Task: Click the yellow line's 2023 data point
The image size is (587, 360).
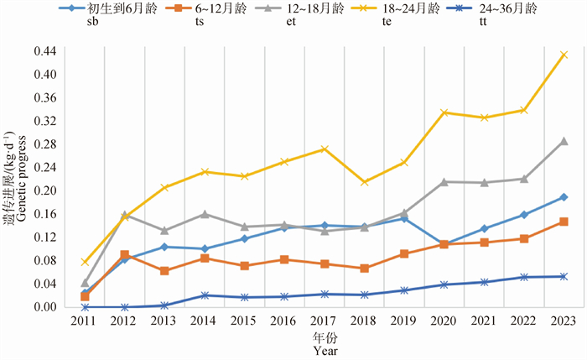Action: [x=564, y=55]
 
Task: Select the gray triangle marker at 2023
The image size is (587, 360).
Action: [x=564, y=141]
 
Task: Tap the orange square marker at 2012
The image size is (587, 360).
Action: [x=124, y=254]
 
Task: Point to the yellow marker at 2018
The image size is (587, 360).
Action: [x=364, y=182]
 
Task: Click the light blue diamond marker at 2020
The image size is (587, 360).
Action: [x=444, y=244]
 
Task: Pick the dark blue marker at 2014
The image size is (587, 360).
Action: [x=205, y=295]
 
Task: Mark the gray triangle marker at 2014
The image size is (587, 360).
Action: [x=205, y=214]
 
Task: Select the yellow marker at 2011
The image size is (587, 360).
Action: [x=85, y=262]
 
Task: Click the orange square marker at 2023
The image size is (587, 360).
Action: [x=564, y=222]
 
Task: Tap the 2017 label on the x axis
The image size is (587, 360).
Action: [x=324, y=323]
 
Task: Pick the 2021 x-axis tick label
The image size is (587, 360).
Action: [x=484, y=323]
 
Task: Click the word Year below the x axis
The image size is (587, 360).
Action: [x=325, y=353]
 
